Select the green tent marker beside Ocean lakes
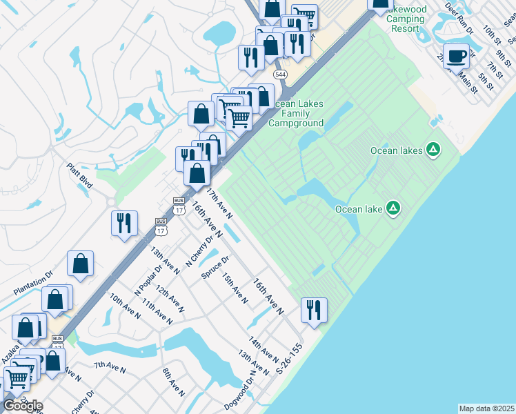[433, 149]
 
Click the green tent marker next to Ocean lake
[393, 208]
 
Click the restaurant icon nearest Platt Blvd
[124, 223]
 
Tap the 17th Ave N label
[219, 204]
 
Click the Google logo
[22, 405]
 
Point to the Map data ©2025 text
[486, 408]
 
